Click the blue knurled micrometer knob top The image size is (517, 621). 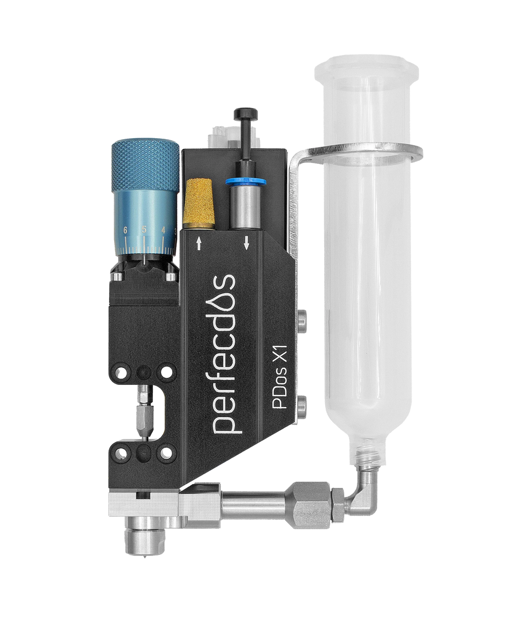point(145,166)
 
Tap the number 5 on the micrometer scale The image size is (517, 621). point(144,230)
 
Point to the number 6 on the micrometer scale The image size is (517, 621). point(125,230)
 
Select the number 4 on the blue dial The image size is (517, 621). point(164,230)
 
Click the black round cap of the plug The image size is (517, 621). point(245,113)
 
